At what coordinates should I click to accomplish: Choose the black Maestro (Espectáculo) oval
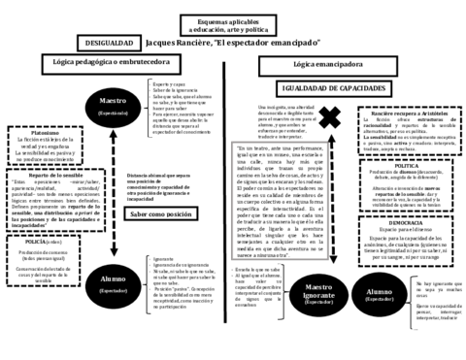(118, 105)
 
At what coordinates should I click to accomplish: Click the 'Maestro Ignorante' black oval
(317, 294)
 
